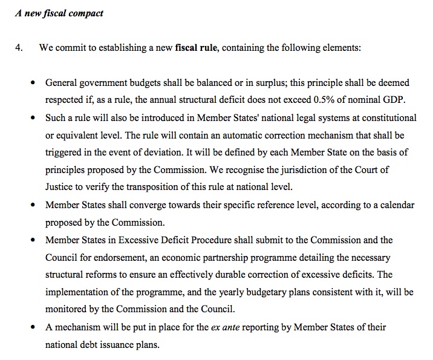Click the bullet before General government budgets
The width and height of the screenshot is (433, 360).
pos(33,83)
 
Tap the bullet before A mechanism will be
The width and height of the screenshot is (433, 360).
pos(33,328)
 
